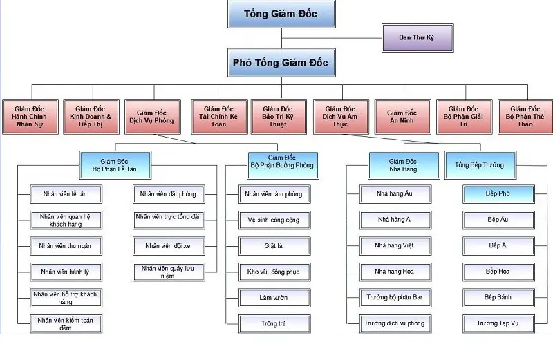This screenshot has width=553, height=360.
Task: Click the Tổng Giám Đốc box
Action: (x=281, y=14)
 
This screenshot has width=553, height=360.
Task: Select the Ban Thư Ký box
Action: (x=417, y=37)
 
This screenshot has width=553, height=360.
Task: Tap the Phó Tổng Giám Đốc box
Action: (x=281, y=63)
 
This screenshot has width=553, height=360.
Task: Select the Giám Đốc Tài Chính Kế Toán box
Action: (x=218, y=117)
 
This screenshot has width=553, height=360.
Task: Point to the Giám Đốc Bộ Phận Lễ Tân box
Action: (x=115, y=164)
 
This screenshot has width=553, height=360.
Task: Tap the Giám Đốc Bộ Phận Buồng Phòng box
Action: (x=281, y=164)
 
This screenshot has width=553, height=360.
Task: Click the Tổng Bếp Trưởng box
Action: (x=479, y=164)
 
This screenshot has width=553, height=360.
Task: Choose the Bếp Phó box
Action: (x=498, y=194)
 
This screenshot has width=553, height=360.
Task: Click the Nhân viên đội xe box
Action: (x=166, y=245)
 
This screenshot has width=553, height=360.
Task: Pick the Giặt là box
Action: (x=271, y=245)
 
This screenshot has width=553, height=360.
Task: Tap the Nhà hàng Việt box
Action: (x=395, y=245)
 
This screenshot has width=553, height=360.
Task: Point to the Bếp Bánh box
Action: (x=498, y=297)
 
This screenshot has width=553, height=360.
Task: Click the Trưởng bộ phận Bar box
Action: (x=395, y=297)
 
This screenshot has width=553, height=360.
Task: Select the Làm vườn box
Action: (x=271, y=297)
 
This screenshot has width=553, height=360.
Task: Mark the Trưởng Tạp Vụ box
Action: (x=498, y=323)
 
